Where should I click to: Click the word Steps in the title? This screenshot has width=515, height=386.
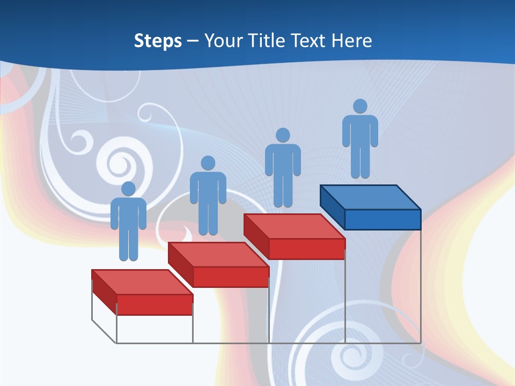(158, 40)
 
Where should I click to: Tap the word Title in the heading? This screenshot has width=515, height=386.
(267, 40)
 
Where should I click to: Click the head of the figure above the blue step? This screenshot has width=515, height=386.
(360, 106)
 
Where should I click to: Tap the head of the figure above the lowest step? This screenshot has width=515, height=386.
(128, 189)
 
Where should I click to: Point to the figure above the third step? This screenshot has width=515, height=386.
(283, 166)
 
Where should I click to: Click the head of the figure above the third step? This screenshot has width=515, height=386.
(283, 135)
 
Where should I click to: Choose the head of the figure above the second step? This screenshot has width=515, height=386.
(208, 163)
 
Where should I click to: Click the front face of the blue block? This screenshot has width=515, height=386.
(382, 219)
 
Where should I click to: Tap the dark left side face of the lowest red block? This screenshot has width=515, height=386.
(104, 292)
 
